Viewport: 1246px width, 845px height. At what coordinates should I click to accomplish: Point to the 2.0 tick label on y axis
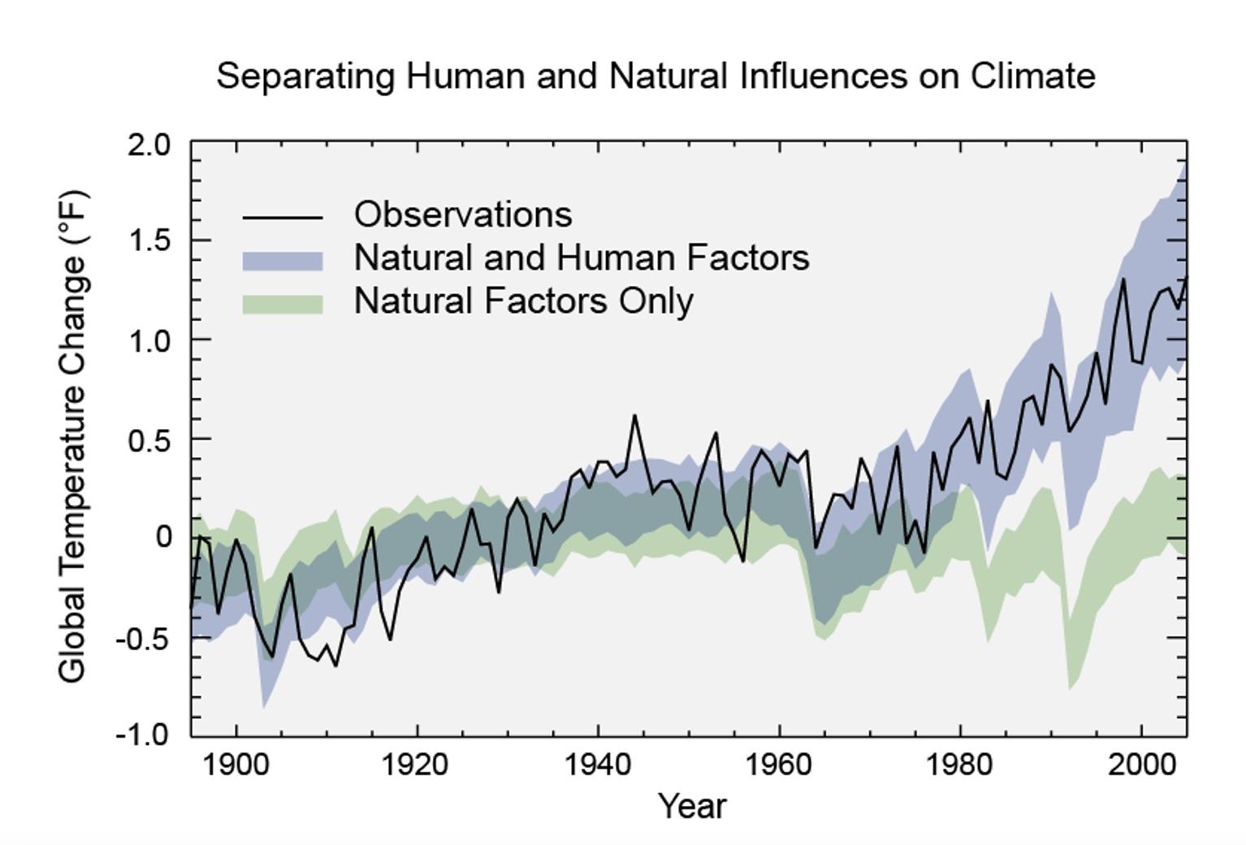coord(149,145)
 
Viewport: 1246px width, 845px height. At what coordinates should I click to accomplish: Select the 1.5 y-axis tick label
coord(149,241)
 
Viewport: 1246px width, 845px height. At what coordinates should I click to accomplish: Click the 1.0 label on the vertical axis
coord(149,340)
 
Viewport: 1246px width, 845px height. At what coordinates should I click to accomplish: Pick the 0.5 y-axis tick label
coord(149,440)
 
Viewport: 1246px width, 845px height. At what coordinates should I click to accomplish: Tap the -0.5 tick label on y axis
coord(144,639)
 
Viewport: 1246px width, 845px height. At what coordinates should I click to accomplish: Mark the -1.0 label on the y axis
coord(144,735)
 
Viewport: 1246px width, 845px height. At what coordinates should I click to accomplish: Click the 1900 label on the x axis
coord(236,765)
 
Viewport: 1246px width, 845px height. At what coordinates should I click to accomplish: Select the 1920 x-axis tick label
coord(417,765)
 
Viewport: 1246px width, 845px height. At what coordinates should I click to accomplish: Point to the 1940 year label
coord(598,765)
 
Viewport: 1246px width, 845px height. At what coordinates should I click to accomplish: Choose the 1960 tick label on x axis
coord(779,765)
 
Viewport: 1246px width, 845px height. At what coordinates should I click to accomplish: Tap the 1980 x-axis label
coord(960,765)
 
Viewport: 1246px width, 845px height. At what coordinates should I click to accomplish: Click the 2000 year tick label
coord(1141,765)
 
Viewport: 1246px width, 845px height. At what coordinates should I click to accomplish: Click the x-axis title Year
coord(692,807)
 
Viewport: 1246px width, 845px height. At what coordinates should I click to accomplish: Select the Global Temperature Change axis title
coord(72,437)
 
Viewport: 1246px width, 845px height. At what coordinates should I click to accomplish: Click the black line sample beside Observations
coord(283,218)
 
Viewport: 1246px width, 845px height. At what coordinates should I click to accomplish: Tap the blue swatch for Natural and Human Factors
coord(283,261)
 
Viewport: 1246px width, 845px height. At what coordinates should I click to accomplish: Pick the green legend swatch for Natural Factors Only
coord(283,304)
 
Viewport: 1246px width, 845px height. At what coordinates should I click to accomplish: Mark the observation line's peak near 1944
coord(634,415)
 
